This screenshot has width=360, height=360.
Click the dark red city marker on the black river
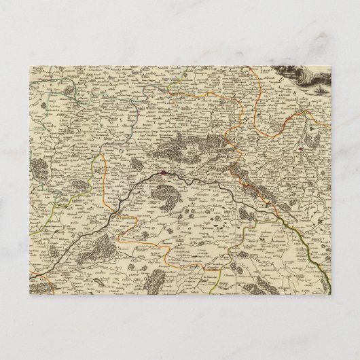164,173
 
